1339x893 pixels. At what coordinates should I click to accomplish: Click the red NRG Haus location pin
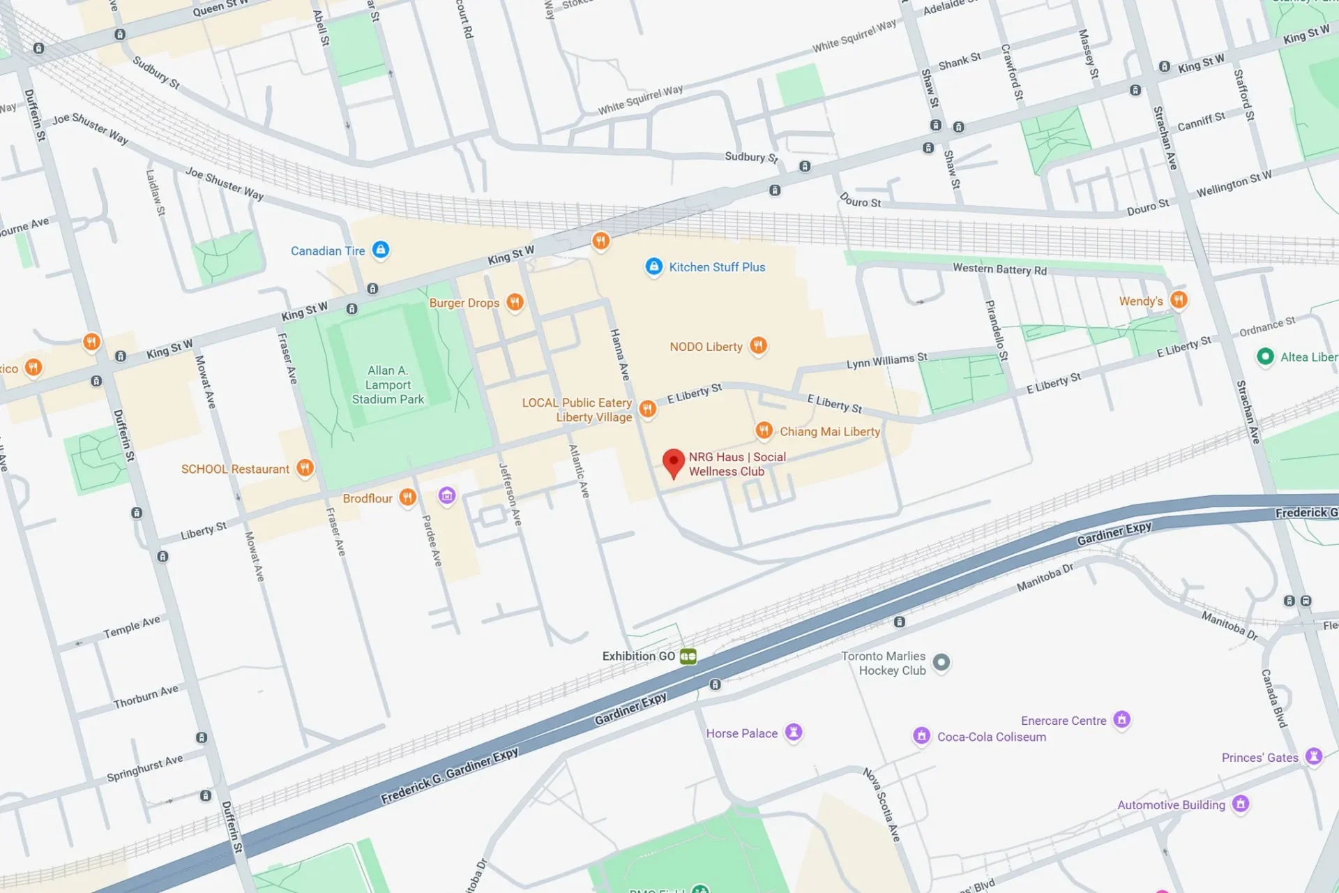[x=673, y=463]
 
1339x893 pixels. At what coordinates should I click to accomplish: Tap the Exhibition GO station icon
[x=688, y=656]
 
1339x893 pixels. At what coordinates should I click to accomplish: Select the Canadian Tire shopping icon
[x=380, y=250]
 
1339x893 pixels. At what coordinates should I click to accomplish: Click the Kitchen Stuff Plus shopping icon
[x=653, y=267]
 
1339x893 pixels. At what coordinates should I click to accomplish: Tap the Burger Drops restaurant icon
[x=515, y=302]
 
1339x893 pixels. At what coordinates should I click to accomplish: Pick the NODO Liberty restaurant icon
[x=758, y=345]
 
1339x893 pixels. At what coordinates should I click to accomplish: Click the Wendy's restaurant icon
[x=1179, y=300]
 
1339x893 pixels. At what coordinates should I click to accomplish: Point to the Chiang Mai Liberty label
[x=829, y=432]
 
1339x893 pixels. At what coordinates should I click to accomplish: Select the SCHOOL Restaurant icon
[x=305, y=468]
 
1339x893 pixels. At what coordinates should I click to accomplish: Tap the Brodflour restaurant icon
[x=407, y=497]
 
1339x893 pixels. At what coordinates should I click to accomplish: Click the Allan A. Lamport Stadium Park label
[x=388, y=385]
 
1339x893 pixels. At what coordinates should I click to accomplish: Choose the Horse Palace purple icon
[x=794, y=732]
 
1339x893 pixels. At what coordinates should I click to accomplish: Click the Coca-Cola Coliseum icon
[x=922, y=735]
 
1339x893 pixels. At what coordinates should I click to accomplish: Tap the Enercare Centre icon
[x=1121, y=719]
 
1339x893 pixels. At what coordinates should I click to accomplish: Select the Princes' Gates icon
[x=1314, y=756]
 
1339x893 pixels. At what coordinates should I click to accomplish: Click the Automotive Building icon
[x=1240, y=804]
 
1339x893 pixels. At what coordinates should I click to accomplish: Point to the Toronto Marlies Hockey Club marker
[x=941, y=662]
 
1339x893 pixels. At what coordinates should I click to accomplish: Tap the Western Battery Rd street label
[x=999, y=269]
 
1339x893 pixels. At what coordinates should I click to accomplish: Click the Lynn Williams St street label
[x=886, y=361]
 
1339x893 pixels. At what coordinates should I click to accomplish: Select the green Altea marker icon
[x=1265, y=357]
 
